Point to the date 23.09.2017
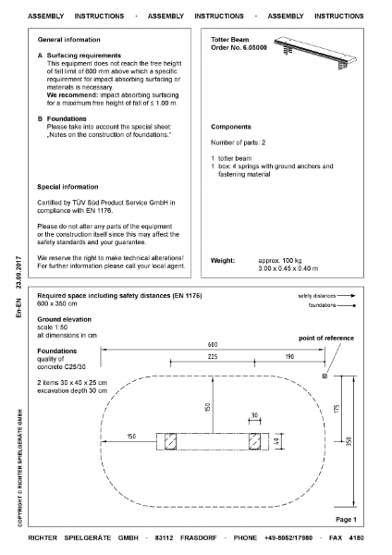pos(18,276)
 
